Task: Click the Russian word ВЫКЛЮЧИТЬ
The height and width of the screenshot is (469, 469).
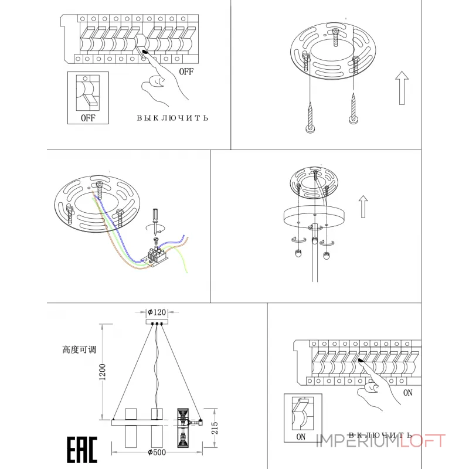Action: pos(172,118)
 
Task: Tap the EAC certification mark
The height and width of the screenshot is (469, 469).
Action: pos(82,450)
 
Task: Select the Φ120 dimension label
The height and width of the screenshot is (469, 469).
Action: pos(157,312)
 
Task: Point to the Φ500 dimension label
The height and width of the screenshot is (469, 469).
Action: pos(157,453)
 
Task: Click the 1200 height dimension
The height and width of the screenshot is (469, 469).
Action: pos(102,372)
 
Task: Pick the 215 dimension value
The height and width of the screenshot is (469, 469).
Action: pos(215,428)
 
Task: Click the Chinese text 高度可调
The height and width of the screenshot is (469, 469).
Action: pos(79,349)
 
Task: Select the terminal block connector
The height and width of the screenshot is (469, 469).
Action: pos(157,256)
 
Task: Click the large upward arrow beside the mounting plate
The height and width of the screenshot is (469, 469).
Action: pos(402,88)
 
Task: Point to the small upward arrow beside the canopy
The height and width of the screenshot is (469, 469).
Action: pos(363,206)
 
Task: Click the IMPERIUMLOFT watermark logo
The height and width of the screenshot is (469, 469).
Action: pos(380,441)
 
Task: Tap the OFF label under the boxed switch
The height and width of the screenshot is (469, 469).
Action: pos(88,118)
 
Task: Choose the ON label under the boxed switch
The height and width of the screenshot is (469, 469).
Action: pos(301,437)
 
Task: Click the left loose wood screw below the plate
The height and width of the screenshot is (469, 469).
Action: pos(310,118)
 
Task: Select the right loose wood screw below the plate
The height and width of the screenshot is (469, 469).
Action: pos(354,108)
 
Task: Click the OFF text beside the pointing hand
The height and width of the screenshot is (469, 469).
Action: pos(186,72)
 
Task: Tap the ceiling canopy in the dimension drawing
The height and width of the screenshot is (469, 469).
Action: pos(157,322)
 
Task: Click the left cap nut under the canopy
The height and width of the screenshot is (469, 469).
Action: pos(298,253)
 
